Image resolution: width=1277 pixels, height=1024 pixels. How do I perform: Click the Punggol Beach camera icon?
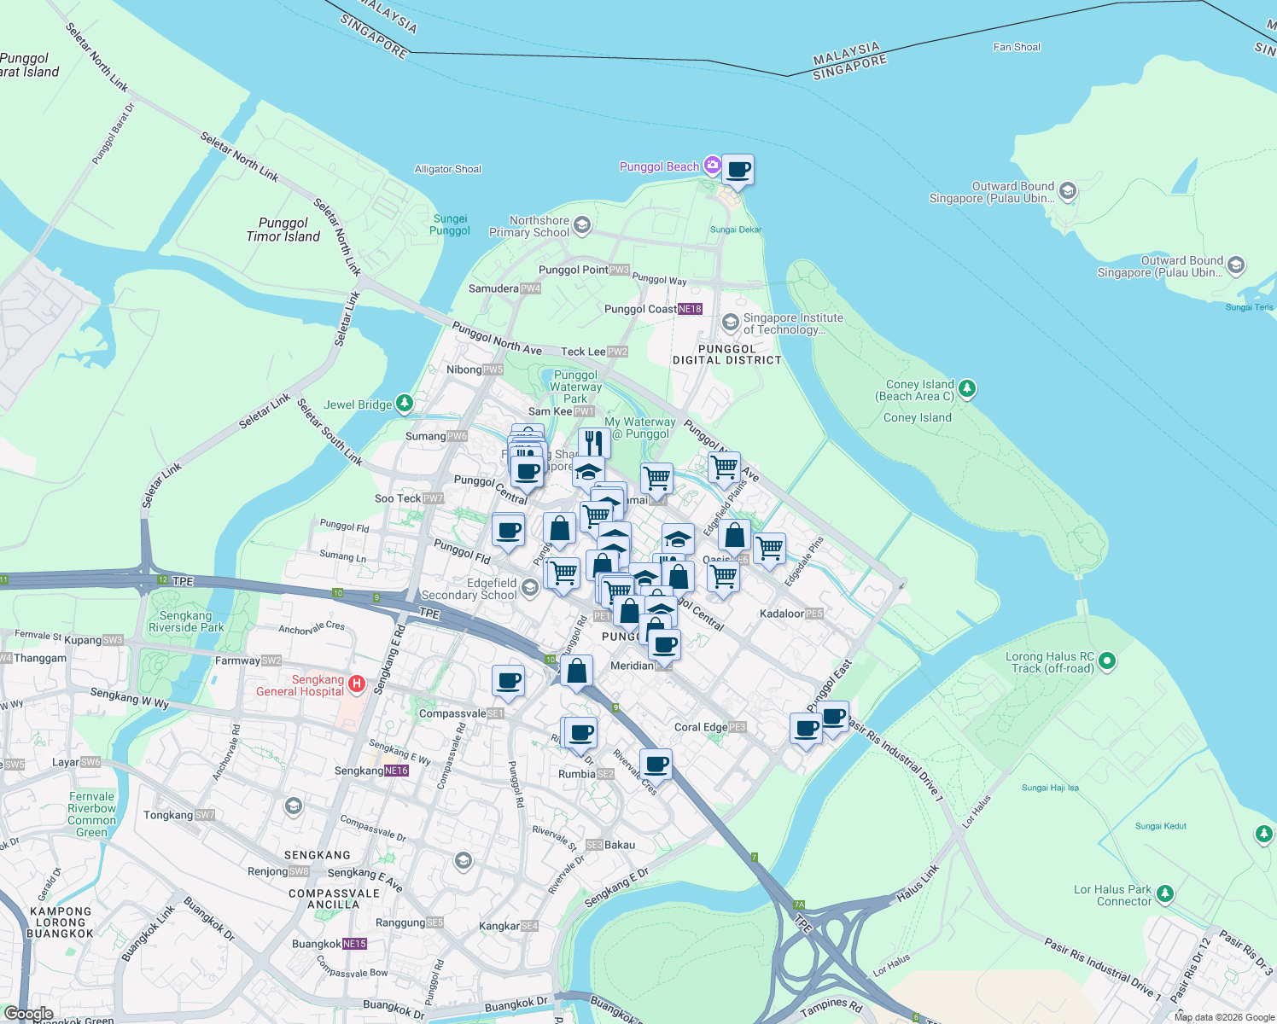click(x=712, y=166)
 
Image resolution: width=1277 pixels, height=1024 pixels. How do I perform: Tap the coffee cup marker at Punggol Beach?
click(x=738, y=169)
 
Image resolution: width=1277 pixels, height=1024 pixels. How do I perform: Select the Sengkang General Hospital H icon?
click(x=357, y=684)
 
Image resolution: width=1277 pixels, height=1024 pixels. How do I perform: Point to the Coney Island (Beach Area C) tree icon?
click(x=966, y=389)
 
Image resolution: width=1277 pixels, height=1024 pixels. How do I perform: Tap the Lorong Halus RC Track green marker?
click(x=1107, y=660)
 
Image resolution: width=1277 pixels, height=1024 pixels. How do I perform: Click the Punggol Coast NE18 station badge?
click(x=690, y=309)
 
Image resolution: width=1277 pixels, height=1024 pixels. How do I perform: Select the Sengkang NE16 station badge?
click(x=397, y=771)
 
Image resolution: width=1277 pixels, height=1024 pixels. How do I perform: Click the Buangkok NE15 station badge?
click(x=354, y=944)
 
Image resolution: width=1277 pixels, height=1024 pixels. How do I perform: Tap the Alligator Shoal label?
click(x=447, y=169)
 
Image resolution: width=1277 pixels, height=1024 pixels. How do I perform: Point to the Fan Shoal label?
click(x=1017, y=47)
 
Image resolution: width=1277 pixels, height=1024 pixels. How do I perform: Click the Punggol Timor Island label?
click(x=283, y=230)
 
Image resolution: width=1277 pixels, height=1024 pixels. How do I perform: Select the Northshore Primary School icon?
click(x=582, y=225)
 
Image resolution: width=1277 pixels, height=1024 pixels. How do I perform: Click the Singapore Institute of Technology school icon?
click(x=730, y=322)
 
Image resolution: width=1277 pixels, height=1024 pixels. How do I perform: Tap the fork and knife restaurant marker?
click(x=594, y=443)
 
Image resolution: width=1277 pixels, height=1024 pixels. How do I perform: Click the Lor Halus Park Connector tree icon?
click(x=1165, y=894)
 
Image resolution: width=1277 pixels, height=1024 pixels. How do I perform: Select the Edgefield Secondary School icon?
click(x=529, y=588)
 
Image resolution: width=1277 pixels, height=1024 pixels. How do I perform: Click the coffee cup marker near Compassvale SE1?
click(x=508, y=681)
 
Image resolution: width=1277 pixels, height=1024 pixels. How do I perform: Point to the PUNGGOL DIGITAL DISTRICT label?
click(x=726, y=354)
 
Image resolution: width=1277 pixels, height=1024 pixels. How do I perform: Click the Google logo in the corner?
click(x=28, y=1014)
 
